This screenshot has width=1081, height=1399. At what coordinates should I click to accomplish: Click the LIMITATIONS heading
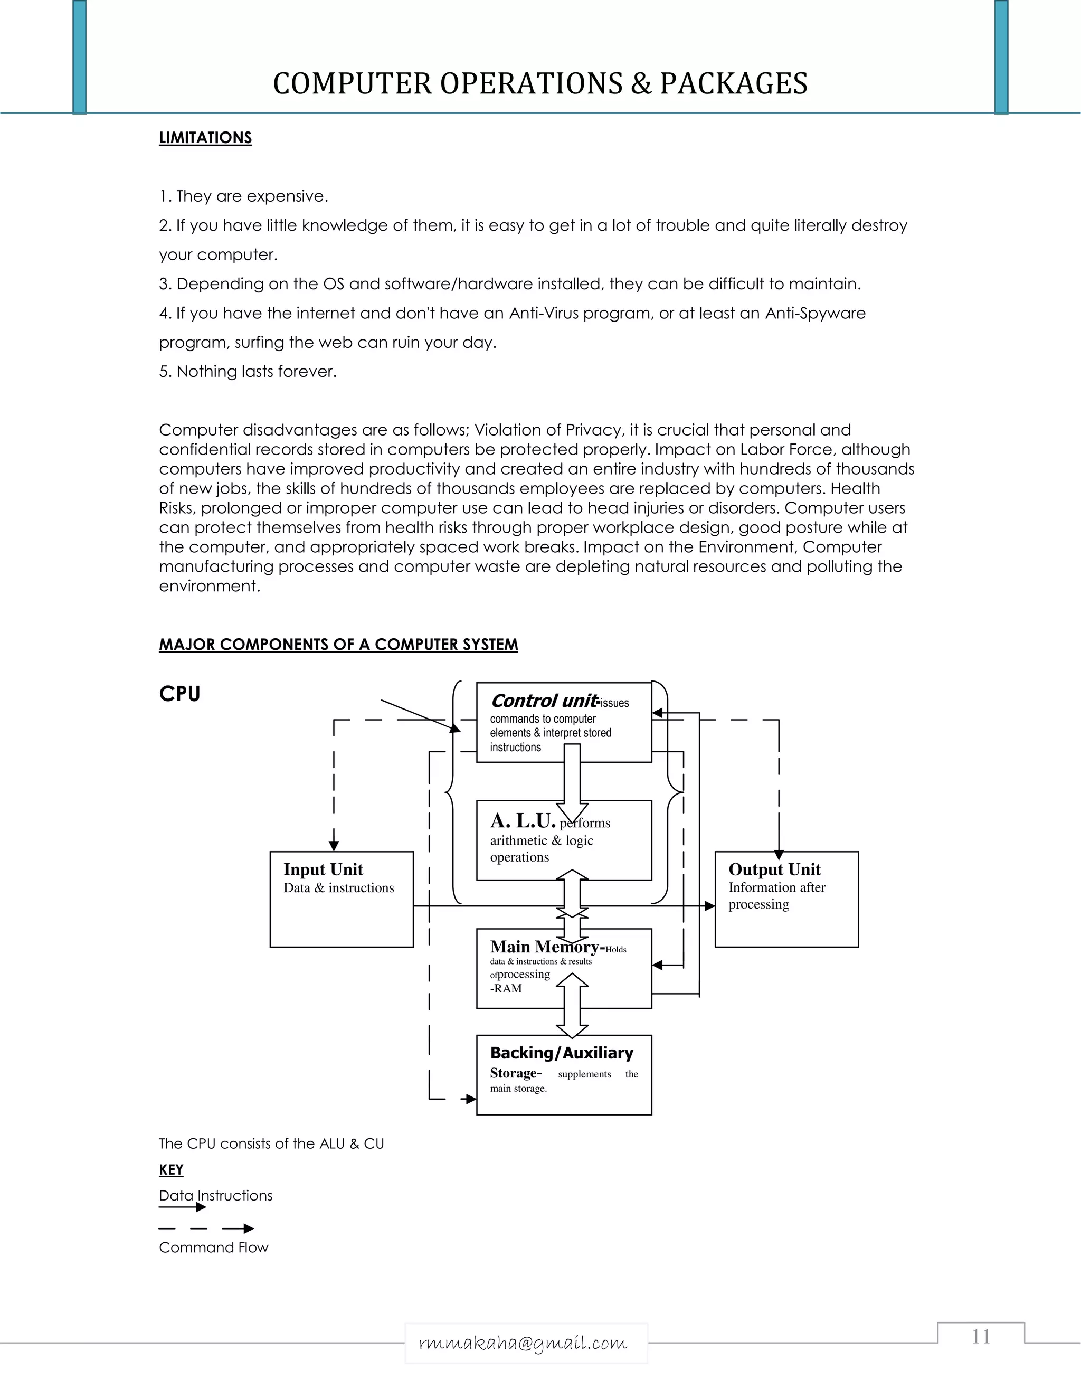(x=205, y=138)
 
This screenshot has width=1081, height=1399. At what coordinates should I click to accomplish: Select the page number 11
(x=981, y=1336)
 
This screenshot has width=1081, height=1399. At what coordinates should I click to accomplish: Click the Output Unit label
(x=774, y=869)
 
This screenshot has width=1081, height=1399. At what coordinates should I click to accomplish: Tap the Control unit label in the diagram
(x=544, y=701)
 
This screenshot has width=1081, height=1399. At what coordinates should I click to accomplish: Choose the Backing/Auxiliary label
(x=562, y=1053)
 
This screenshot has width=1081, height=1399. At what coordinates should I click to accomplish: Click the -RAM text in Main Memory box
(x=506, y=988)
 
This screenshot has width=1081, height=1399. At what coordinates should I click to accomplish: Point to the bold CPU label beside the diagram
(x=179, y=694)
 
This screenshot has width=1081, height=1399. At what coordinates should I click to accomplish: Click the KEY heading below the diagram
(x=171, y=1170)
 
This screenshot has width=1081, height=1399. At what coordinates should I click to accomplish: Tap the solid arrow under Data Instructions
(x=183, y=1207)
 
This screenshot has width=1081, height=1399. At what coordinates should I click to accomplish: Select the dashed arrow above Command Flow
(x=206, y=1228)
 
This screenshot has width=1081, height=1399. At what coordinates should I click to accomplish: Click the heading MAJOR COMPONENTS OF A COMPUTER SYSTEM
(x=338, y=645)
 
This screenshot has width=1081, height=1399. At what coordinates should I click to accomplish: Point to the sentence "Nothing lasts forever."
(x=256, y=372)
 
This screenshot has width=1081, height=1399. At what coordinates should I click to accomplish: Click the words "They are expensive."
(x=252, y=196)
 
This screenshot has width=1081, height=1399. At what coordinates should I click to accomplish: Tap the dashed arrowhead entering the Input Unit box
(x=334, y=846)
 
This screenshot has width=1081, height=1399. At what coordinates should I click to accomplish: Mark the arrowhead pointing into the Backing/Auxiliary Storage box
(x=471, y=1099)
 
